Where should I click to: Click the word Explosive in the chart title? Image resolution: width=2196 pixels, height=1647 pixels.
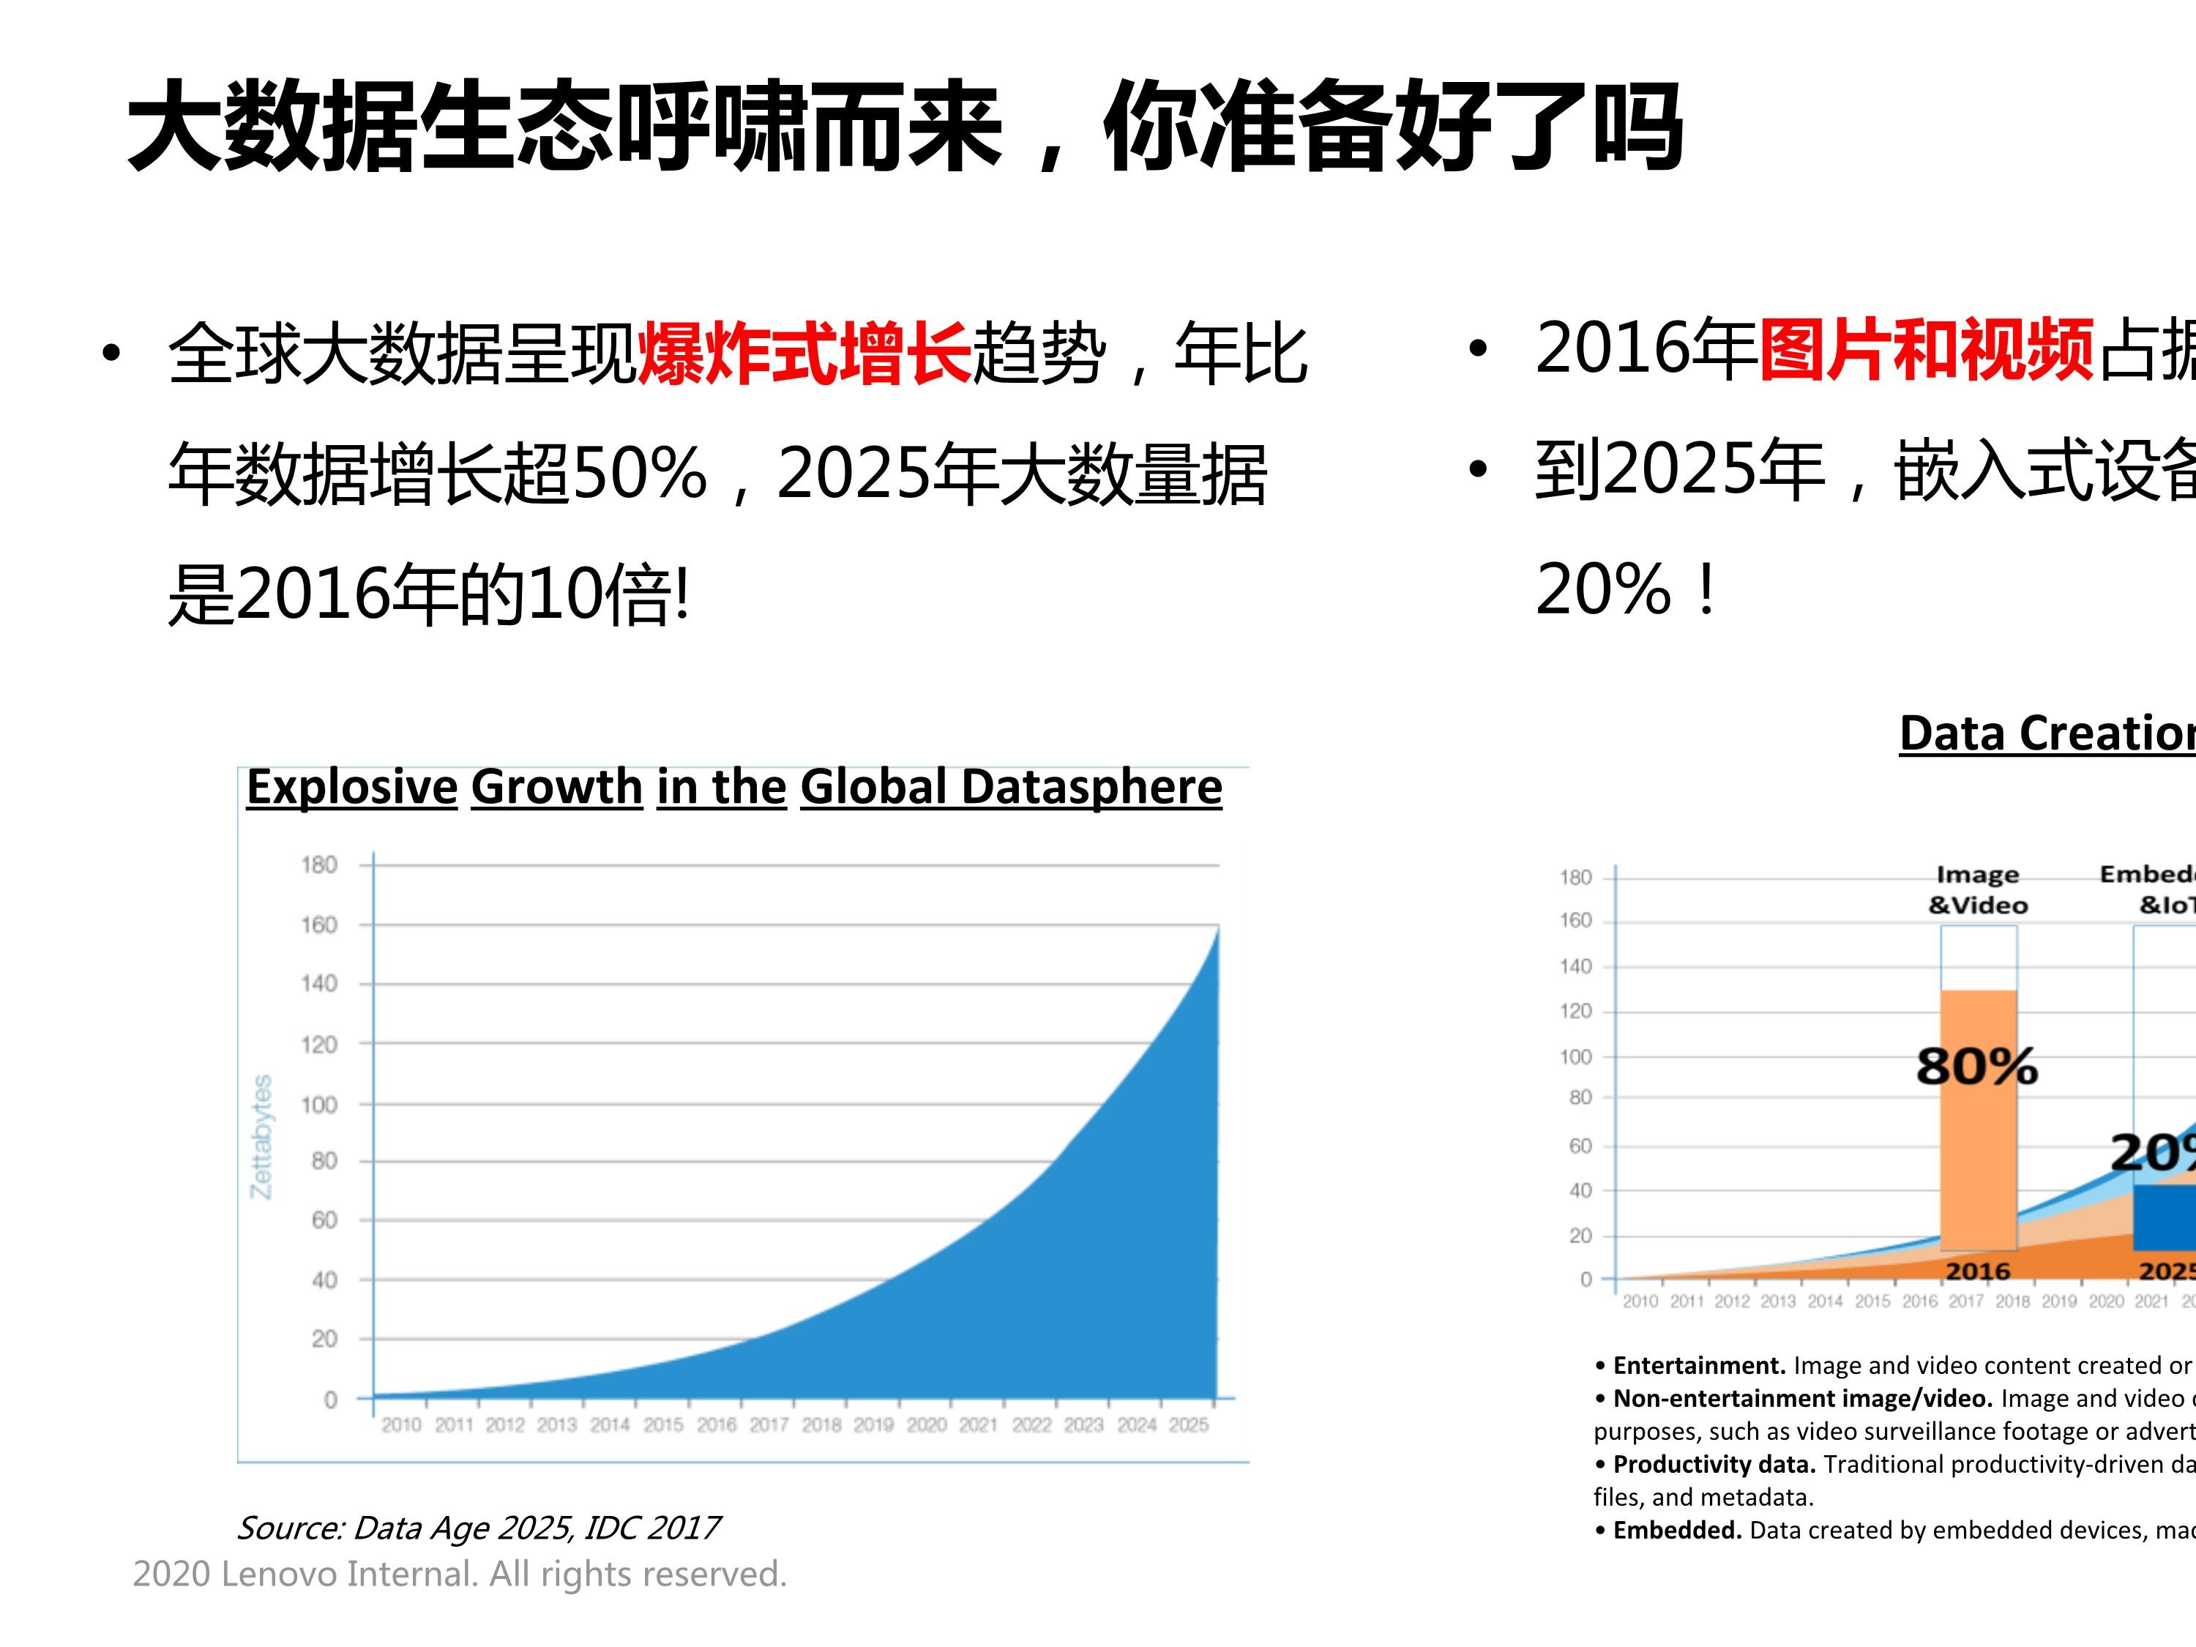(351, 787)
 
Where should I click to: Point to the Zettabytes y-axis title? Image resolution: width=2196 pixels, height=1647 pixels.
(261, 1136)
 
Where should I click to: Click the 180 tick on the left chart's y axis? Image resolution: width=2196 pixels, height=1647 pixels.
(318, 864)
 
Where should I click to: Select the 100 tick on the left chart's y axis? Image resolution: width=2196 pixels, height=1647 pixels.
(318, 1104)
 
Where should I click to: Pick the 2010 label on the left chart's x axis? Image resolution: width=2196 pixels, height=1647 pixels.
(401, 1424)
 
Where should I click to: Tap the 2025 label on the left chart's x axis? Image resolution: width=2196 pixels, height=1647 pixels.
(1188, 1424)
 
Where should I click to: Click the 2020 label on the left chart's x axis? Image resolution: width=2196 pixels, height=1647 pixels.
(926, 1424)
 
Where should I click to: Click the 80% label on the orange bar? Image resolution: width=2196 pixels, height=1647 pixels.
(1976, 1067)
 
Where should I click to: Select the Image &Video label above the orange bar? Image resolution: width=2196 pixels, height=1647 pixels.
(1978, 889)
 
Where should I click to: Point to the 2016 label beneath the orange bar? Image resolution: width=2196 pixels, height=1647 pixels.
(1978, 1271)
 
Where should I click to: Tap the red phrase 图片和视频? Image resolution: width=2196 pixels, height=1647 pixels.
(1926, 349)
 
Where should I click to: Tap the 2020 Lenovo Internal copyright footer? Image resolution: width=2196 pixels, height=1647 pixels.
(460, 1574)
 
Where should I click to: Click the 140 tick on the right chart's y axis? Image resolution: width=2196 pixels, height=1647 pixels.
(1575, 966)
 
